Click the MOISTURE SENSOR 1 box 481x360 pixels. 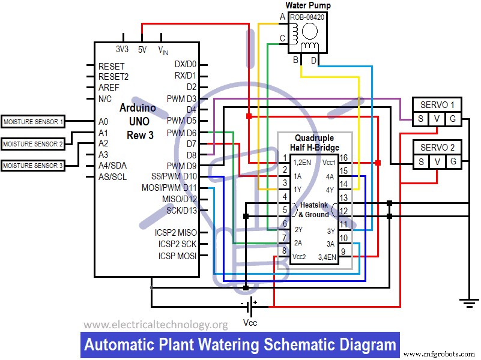[x=33, y=122]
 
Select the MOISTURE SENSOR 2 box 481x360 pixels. [x=33, y=144]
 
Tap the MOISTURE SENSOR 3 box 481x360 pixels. [x=33, y=166]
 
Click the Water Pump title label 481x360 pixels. [x=307, y=5]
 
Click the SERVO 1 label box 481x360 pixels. [x=437, y=103]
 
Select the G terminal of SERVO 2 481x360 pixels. [x=452, y=162]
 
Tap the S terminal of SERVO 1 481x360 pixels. [x=421, y=119]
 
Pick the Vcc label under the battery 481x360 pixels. [x=250, y=322]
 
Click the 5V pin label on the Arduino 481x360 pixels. [x=142, y=50]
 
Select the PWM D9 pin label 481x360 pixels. [x=182, y=165]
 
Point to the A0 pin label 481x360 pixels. [x=103, y=122]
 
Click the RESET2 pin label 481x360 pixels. [x=113, y=77]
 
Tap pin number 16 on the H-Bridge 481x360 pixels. [x=343, y=158]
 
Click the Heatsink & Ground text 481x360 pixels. [x=313, y=209]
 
